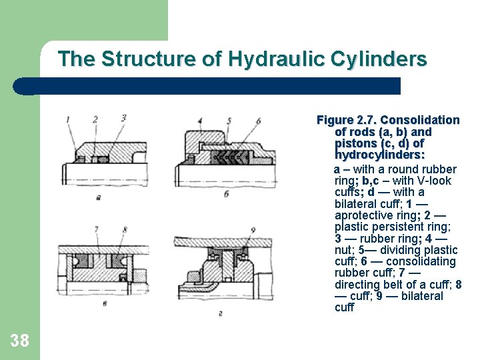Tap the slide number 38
[19, 341]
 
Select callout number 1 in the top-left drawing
[68, 119]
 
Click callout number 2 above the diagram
[95, 119]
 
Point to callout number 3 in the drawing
[123, 118]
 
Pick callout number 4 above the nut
[200, 121]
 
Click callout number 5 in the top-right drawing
[229, 121]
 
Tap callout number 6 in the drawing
[258, 121]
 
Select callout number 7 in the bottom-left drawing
[97, 229]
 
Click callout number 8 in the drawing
[125, 229]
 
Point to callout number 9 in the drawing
[253, 230]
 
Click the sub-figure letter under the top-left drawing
[98, 198]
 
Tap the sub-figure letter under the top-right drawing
[226, 194]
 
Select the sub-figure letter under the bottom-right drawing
[221, 313]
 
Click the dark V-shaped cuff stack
[232, 157]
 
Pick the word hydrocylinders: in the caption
[380, 155]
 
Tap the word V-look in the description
[434, 181]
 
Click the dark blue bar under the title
[207, 86]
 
